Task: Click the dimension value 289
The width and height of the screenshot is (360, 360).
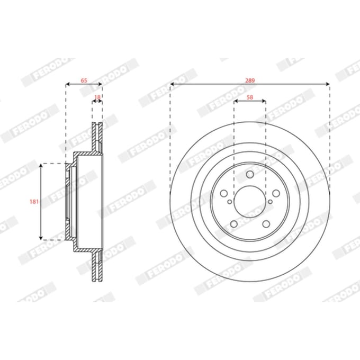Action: pos(250,80)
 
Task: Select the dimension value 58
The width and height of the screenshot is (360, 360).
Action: pos(250,97)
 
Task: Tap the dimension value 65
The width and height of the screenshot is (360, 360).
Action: pos(84,80)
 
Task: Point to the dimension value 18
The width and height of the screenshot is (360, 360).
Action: pos(97,97)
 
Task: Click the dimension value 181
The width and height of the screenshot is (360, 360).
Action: pos(34,202)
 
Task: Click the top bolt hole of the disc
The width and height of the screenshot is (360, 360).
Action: pos(250,175)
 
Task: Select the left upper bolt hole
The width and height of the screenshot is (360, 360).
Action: pos(224,193)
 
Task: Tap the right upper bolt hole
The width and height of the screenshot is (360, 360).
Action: pos(276,193)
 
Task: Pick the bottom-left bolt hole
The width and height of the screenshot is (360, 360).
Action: pos(233,224)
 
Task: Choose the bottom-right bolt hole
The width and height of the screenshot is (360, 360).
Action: pos(266,224)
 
